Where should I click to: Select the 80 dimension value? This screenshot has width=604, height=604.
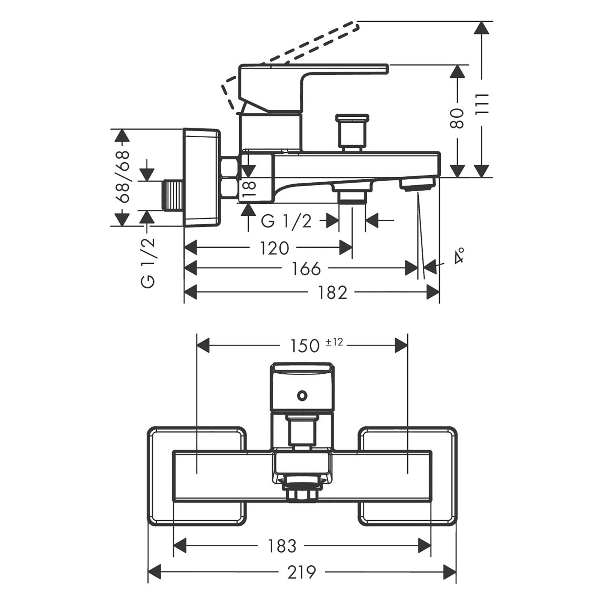pos(457,118)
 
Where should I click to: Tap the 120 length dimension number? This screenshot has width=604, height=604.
pos(274,248)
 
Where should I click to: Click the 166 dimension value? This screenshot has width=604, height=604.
pos(306,269)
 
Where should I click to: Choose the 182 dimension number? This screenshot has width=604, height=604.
pos(332,293)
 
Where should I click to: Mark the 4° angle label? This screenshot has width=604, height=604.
pos(459,256)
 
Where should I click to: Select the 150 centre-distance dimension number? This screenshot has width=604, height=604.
pos(305,345)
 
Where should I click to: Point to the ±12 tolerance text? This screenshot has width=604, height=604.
pos(334,342)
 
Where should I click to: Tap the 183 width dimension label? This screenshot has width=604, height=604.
pos(282,546)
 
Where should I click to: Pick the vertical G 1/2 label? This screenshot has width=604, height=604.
pos(148,263)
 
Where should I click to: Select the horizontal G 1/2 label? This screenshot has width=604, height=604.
pos(286,221)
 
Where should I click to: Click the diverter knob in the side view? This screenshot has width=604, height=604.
pos(352,131)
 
